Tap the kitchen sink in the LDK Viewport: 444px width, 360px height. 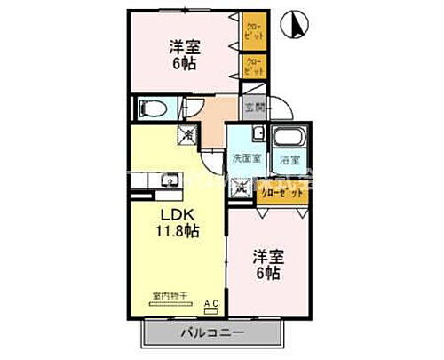(x=166, y=182)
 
